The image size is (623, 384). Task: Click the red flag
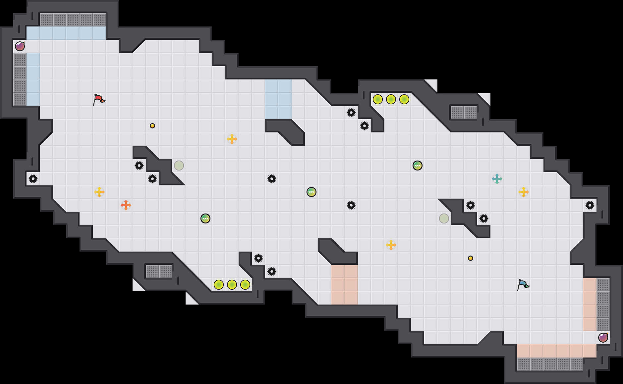[99, 99]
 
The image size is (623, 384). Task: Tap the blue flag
[523, 285]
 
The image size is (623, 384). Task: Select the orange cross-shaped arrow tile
[126, 205]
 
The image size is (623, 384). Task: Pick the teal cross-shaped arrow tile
[497, 179]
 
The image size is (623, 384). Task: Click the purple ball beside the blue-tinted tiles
[20, 46]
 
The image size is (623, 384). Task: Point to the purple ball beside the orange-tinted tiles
[603, 338]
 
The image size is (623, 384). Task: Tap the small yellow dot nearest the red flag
[152, 126]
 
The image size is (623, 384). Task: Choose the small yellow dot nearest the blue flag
[471, 258]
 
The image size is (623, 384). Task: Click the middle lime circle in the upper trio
[391, 99]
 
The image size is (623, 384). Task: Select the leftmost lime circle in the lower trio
[219, 285]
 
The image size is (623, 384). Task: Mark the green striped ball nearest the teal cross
[418, 166]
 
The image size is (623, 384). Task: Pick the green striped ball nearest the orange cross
[205, 218]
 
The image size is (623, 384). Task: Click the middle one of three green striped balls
[311, 192]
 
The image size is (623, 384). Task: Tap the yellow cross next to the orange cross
[99, 192]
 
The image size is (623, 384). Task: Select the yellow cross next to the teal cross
[524, 192]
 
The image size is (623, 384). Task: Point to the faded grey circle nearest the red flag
[179, 166]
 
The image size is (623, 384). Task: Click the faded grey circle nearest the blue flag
[444, 218]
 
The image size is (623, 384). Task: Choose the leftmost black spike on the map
[33, 179]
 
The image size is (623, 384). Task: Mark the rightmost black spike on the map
[590, 205]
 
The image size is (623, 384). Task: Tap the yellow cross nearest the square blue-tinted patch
[232, 139]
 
